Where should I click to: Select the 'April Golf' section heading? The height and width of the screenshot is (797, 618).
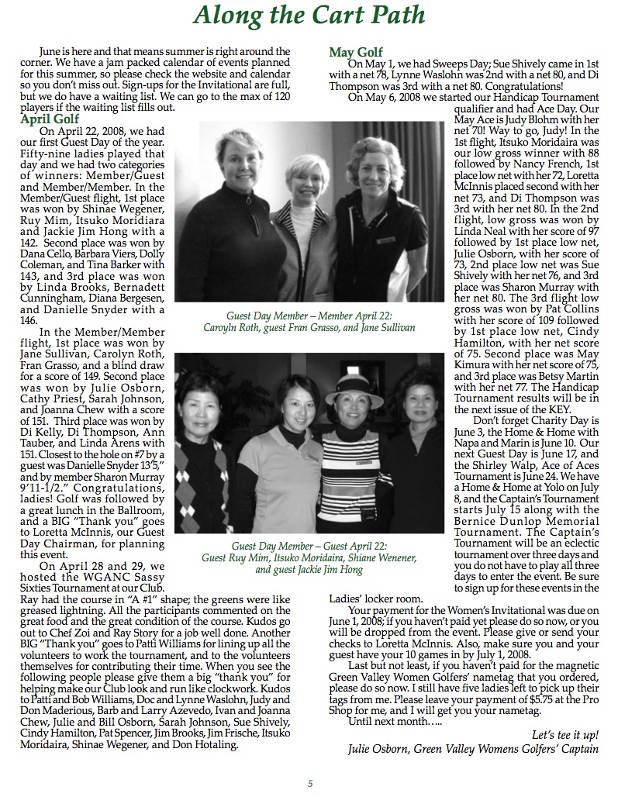(51, 119)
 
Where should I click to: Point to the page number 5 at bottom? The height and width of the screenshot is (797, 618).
(309, 783)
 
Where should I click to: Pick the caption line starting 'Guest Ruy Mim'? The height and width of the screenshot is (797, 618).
(309, 557)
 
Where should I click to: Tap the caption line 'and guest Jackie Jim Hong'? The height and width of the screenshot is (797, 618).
(309, 569)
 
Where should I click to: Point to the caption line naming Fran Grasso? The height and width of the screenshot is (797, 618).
(309, 328)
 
